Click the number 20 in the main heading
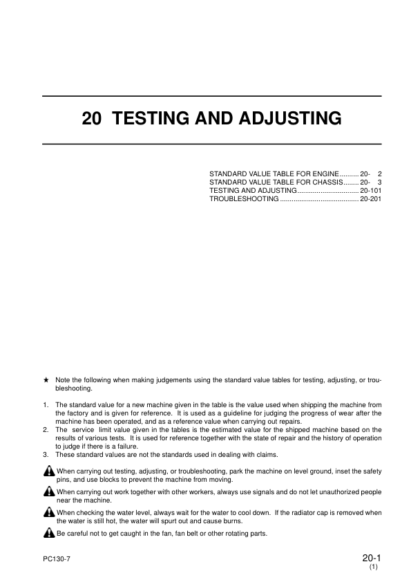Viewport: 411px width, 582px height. click(x=92, y=119)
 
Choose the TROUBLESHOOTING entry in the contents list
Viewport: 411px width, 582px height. click(x=244, y=198)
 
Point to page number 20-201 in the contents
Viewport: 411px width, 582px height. click(x=370, y=198)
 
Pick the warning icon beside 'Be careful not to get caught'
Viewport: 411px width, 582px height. click(x=48, y=534)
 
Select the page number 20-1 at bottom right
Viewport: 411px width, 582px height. click(x=370, y=558)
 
